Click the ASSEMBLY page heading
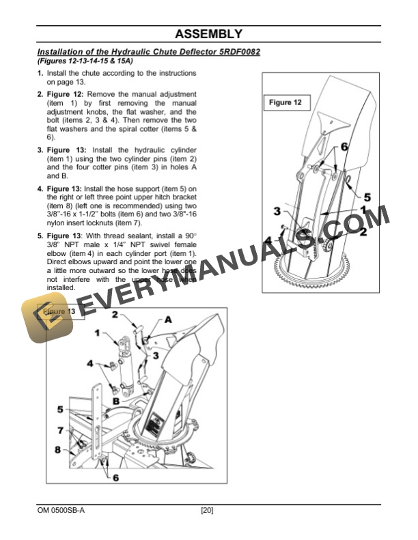point(208,33)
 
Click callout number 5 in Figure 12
point(366,196)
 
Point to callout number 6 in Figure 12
point(344,147)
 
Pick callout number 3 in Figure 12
point(277,211)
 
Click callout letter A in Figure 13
point(168,319)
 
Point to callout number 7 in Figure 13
point(61,430)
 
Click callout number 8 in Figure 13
point(57,450)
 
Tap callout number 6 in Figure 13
point(115,477)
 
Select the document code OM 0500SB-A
point(61,510)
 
